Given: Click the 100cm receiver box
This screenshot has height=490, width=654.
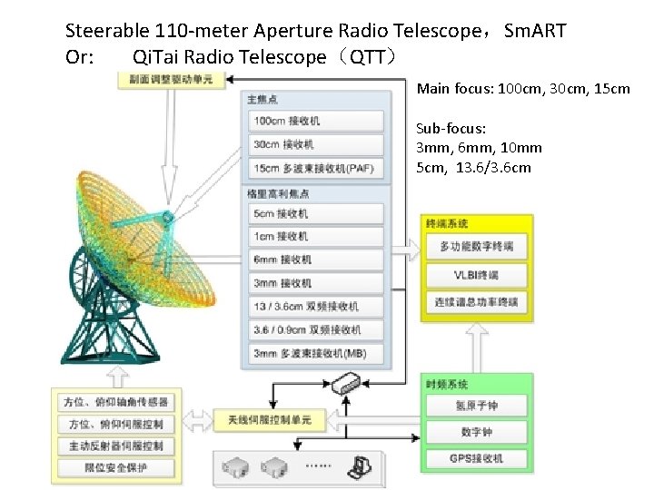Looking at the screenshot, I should [x=315, y=122].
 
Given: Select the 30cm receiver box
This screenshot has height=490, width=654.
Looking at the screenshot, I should [x=315, y=144].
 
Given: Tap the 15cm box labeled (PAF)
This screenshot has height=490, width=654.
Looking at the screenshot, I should [x=315, y=168].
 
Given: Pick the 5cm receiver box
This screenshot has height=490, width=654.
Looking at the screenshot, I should [x=315, y=214].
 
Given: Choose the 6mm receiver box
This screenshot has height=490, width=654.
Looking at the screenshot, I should [x=315, y=260].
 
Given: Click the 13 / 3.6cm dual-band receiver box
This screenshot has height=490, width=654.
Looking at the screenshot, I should [x=315, y=307].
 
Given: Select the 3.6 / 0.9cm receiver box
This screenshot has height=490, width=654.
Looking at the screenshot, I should [x=315, y=330].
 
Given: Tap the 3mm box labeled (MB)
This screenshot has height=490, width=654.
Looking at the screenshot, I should [x=315, y=353].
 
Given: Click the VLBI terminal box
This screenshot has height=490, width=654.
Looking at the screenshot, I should [x=476, y=275].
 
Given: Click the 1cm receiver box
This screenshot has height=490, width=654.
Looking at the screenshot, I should [x=315, y=237].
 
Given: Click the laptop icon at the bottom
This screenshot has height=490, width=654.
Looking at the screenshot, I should [x=362, y=466].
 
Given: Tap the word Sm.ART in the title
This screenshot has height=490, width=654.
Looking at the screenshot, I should [x=535, y=31].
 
